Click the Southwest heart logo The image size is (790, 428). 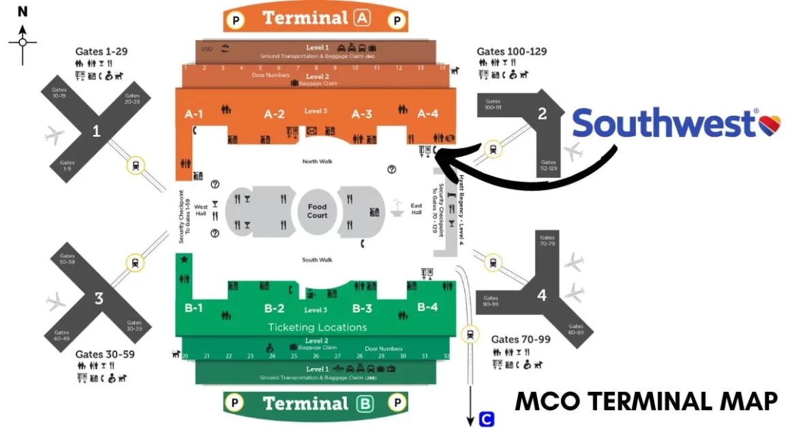click(770, 124)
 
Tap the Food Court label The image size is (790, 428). click(317, 211)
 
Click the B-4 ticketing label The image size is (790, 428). click(427, 307)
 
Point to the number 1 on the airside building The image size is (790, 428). click(96, 130)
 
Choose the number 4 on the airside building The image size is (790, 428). click(542, 296)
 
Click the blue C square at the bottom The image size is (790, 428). click(487, 419)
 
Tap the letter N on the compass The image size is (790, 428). click(22, 12)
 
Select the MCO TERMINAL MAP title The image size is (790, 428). click(646, 401)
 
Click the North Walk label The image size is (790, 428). click(316, 162)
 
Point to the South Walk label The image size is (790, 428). click(316, 260)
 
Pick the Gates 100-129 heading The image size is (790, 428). click(511, 51)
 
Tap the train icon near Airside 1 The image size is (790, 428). click(137, 164)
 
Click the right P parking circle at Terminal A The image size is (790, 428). click(397, 20)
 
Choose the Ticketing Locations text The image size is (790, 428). click(317, 327)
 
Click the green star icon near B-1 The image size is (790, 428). click(183, 259)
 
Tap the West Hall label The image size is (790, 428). click(200, 210)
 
